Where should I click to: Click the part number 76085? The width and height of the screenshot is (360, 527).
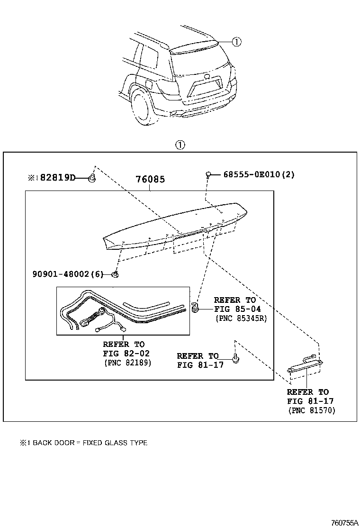coord(150,180)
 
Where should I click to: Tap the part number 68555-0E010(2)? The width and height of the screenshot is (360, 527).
coord(259,174)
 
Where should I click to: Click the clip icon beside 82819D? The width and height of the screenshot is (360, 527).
coord(92,179)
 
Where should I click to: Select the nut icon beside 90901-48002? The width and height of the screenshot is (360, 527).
coord(115,274)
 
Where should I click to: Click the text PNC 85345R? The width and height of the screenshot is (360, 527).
coord(241,318)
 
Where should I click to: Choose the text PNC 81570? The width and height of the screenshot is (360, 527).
coord(311,410)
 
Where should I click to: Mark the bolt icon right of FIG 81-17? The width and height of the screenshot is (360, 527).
coord(235,358)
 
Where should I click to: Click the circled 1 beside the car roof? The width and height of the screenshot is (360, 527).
coord(236,42)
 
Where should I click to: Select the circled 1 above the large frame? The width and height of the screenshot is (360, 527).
coord(180,145)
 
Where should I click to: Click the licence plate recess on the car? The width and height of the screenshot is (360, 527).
coord(205,88)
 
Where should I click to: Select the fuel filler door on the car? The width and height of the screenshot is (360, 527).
coord(148,86)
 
